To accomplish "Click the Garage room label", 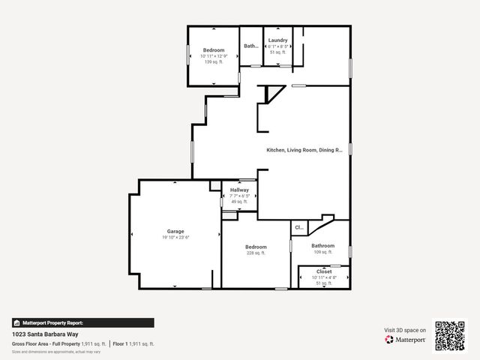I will point(175,231).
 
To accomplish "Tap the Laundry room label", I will point(277,40).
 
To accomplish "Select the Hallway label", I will point(239,190).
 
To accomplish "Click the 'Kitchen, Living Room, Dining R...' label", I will point(304,150).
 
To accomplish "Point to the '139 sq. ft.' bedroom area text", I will point(214,61).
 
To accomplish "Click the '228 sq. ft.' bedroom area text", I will point(256,253).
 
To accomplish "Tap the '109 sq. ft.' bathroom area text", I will point(323,252).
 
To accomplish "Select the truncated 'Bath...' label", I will point(251,46).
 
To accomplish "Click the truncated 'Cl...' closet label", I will point(298,227).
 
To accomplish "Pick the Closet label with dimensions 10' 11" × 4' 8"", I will point(324,271).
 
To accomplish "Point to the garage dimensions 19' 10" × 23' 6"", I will point(175,237).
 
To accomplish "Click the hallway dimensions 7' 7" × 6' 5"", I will point(239,196).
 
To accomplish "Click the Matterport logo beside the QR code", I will point(406,340).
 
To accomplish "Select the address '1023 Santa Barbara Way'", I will point(45,334).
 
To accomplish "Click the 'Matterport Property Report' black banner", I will point(82,322).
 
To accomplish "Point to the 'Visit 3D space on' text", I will point(405,330).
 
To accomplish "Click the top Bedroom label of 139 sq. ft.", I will point(214,50).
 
